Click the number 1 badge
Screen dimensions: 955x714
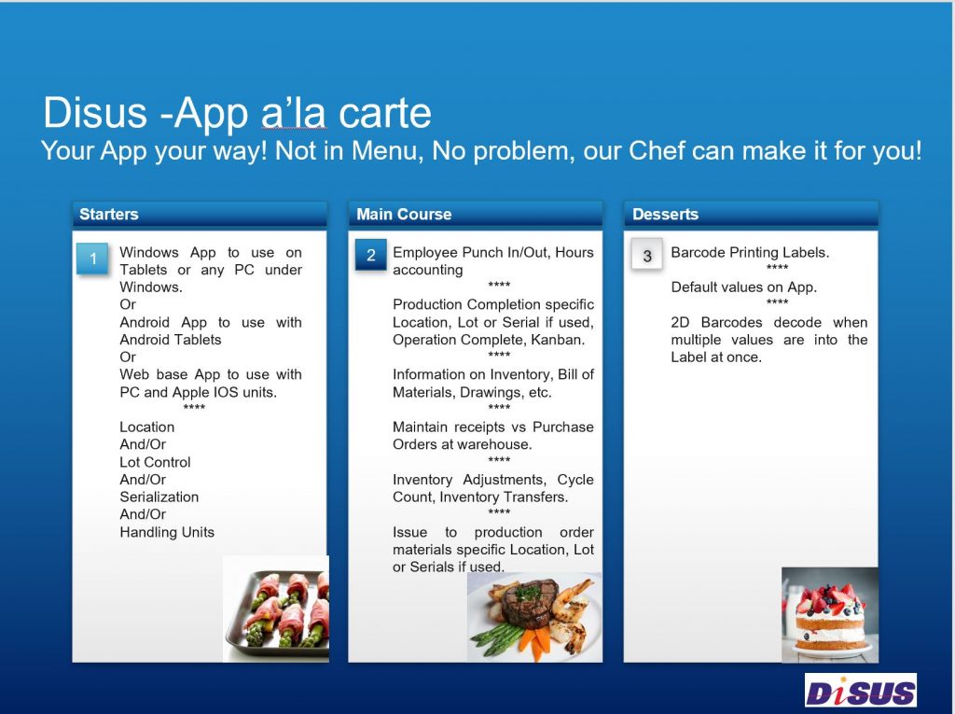[92, 259]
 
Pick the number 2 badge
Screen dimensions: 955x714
[371, 256]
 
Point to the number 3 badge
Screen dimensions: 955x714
[647, 256]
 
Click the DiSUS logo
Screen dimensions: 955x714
[861, 691]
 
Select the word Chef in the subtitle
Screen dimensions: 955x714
[657, 150]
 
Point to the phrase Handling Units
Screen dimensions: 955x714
[167, 532]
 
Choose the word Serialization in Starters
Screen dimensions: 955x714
[159, 497]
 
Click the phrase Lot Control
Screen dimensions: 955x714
[155, 462]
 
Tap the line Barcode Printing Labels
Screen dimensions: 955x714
[750, 252]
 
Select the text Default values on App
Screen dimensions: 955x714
[743, 287]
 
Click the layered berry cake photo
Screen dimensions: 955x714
[829, 615]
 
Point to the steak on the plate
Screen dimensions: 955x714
[531, 604]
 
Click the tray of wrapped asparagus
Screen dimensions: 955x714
[276, 609]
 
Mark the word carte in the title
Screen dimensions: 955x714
[384, 113]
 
